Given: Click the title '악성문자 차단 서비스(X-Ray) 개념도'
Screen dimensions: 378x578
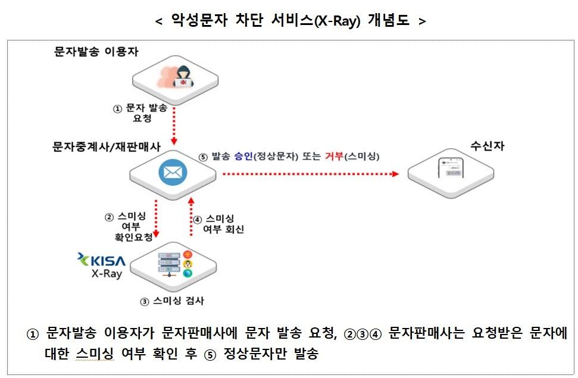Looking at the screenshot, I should click(x=290, y=21).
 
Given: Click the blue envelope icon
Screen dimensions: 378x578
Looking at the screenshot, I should click(x=173, y=173).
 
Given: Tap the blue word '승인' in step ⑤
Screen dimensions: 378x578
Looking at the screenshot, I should click(x=244, y=156).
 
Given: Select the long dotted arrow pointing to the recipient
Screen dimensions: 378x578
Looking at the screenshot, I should click(x=310, y=174).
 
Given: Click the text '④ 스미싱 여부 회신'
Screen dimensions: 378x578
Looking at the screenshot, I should click(x=219, y=224).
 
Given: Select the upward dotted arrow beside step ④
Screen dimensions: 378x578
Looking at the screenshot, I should click(x=190, y=217).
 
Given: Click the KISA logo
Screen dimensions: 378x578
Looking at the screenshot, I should click(x=102, y=260).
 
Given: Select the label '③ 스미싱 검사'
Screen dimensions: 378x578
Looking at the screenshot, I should click(x=172, y=301).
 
